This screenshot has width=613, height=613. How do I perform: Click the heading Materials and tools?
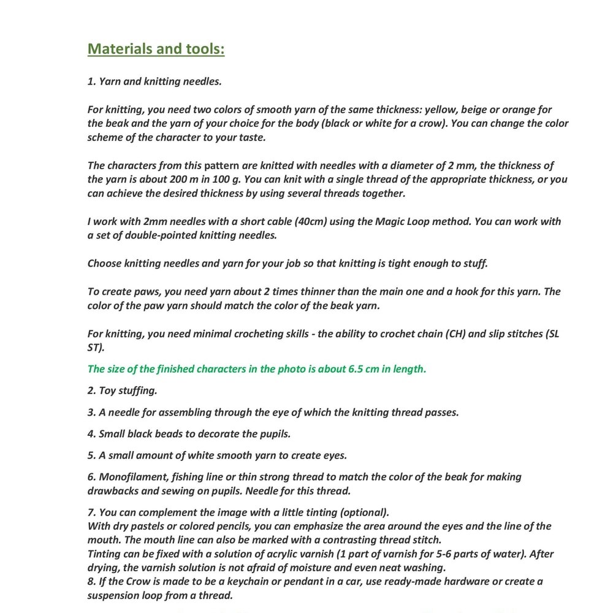[x=156, y=49]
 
